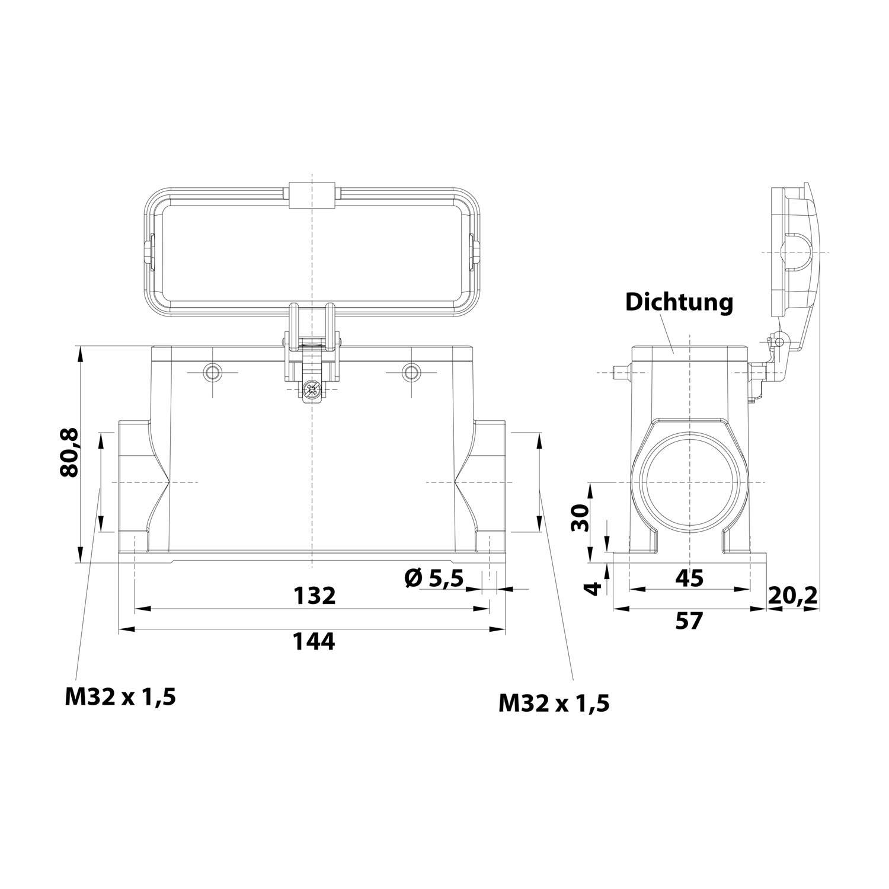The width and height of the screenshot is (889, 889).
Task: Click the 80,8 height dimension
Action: click(x=70, y=453)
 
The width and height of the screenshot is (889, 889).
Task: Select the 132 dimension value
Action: click(x=315, y=595)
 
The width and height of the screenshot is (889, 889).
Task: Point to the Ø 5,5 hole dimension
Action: click(x=434, y=577)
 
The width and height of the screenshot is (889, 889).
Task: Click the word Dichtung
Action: click(x=679, y=303)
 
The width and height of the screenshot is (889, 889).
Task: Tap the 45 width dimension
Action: click(x=690, y=577)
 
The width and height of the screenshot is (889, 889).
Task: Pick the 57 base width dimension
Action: click(x=689, y=621)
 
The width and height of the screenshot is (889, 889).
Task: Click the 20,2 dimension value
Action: click(x=792, y=594)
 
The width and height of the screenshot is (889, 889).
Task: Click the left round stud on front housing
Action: click(x=212, y=373)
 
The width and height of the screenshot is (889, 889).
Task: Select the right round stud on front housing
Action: click(x=410, y=373)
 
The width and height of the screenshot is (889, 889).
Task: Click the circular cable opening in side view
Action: click(x=690, y=483)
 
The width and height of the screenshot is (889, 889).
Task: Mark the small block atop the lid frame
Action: click(x=312, y=195)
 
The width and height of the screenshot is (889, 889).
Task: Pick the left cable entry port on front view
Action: click(x=133, y=483)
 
